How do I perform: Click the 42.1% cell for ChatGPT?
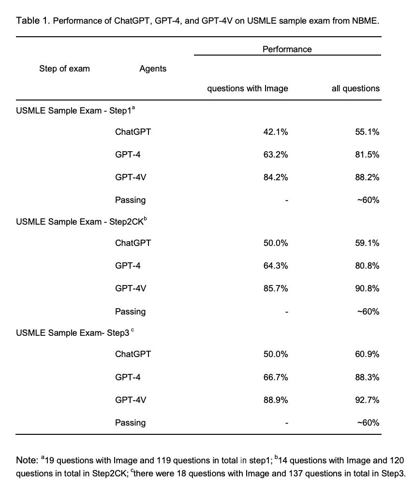(x=276, y=132)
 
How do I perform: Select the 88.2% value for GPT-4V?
(x=367, y=177)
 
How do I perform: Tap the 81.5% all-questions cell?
(x=367, y=155)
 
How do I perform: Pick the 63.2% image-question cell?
(x=276, y=155)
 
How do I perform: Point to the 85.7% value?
(x=276, y=288)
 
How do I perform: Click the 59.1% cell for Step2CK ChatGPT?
(x=367, y=243)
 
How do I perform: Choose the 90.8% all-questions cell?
(x=367, y=288)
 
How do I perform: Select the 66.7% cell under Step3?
(x=276, y=377)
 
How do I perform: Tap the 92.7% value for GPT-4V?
(x=367, y=400)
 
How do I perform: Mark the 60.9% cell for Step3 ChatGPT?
(x=367, y=354)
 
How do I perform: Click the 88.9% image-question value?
(x=276, y=400)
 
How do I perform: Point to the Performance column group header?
(x=287, y=49)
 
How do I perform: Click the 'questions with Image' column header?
(x=248, y=88)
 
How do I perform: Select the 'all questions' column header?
(x=355, y=88)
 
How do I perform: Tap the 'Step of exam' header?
(x=64, y=69)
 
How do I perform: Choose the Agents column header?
(x=153, y=69)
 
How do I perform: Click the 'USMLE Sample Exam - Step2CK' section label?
(x=73, y=222)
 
